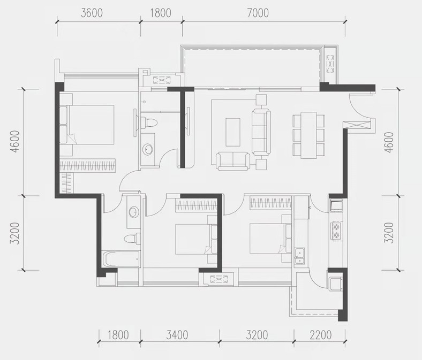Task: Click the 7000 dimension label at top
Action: coord(258,13)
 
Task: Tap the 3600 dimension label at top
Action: coord(92,13)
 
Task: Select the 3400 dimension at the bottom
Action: coord(177,335)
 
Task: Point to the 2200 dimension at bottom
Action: coord(321,335)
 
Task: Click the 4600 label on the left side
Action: coord(16,141)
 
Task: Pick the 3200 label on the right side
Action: coord(389,233)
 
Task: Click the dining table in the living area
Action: coord(308,135)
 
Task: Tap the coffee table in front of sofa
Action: coord(233,132)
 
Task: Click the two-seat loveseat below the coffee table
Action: coord(233,161)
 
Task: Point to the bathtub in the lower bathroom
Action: coord(121,259)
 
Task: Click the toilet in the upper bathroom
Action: coord(148,123)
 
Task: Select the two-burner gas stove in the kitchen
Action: coord(336,231)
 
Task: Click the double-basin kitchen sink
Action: coord(299,256)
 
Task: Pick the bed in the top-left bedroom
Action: coord(87,125)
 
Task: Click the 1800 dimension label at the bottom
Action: coord(118,335)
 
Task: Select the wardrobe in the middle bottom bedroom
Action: coord(196,205)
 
